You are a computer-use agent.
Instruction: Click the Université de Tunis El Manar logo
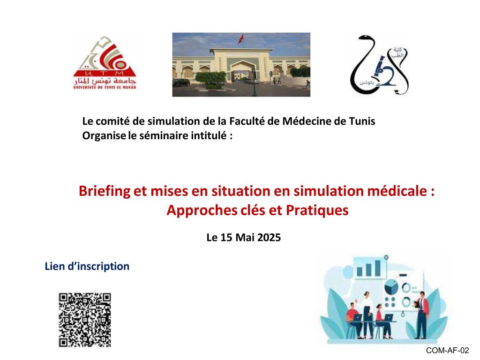[105, 63]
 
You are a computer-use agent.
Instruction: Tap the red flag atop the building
[241, 38]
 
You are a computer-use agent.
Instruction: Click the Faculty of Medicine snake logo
[379, 65]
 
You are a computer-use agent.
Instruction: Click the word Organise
[104, 135]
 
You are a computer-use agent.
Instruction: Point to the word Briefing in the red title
[105, 191]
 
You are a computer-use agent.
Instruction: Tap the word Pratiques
[317, 210]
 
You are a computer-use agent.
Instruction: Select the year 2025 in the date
[269, 238]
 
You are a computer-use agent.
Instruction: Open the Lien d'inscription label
[87, 266]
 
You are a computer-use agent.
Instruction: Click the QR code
[85, 320]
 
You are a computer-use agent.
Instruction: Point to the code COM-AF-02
[447, 351]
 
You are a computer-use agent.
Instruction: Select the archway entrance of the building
[242, 71]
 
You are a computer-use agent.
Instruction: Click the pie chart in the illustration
[391, 287]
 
